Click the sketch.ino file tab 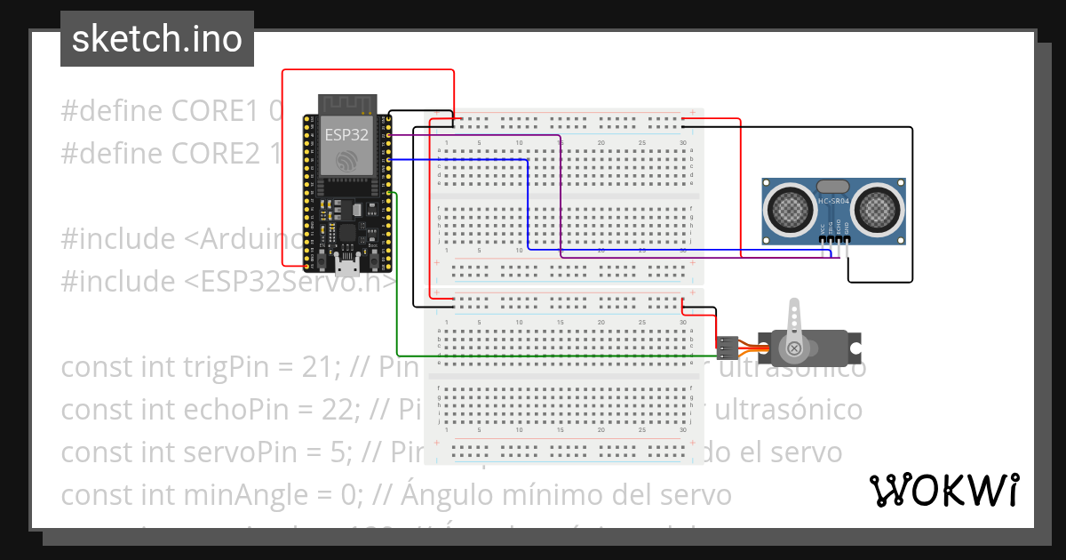pyautogui.click(x=156, y=39)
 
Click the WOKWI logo pyautogui.click(x=943, y=490)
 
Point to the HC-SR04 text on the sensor pyautogui.click(x=834, y=202)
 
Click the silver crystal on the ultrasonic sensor pyautogui.click(x=833, y=187)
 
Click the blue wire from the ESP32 pyautogui.click(x=528, y=204)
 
